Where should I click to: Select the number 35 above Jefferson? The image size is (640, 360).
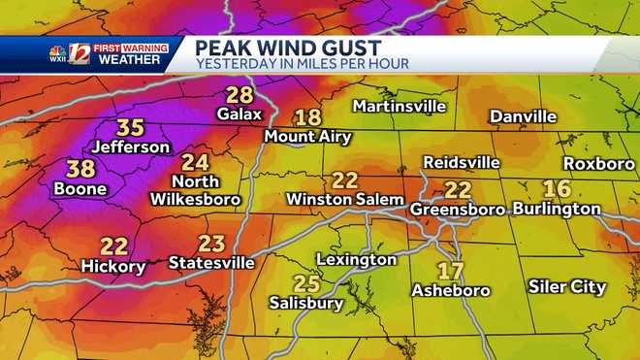coord(131,127)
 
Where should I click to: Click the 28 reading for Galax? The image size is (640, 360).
coord(240,95)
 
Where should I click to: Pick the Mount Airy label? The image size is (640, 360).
coord(307,136)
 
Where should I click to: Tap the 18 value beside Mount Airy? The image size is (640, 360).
coord(307,117)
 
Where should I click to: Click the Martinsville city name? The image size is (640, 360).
coord(399,105)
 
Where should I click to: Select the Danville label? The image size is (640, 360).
coord(523,116)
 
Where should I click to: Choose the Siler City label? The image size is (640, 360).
coord(567,286)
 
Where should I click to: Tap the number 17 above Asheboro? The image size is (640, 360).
coord(450,270)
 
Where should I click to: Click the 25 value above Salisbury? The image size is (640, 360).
coord(306,283)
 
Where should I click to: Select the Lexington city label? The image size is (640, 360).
coord(356,259)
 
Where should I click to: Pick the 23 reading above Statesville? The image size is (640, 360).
coord(211,243)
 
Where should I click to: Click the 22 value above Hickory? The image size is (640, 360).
coord(113,246)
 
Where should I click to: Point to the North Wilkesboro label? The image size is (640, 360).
coord(194,190)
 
